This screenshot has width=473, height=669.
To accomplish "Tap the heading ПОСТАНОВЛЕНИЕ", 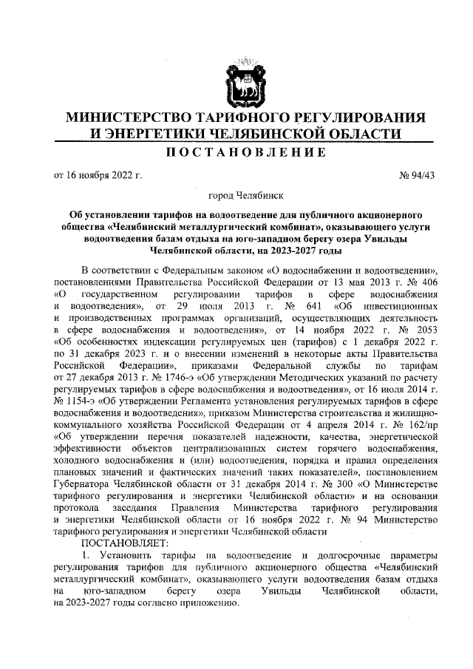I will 236,153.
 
